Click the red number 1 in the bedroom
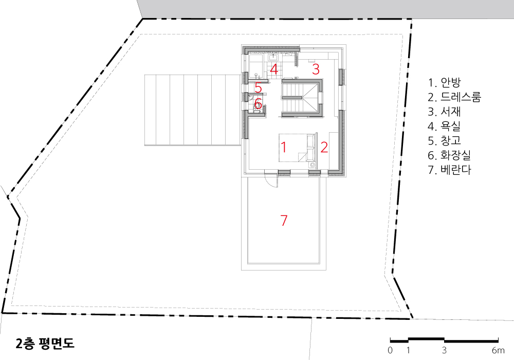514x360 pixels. click(284, 147)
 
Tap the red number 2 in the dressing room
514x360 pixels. click(324, 147)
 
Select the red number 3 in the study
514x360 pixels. click(316, 69)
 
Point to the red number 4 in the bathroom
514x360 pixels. click(274, 69)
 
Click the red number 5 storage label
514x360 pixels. click(259, 88)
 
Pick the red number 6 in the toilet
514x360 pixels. click(258, 103)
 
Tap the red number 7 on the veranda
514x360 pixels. click(284, 220)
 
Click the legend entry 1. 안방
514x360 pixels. click(444, 82)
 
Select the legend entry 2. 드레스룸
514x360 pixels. click(454, 97)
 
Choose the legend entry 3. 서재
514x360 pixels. click(444, 112)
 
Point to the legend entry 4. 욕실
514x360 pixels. click(444, 126)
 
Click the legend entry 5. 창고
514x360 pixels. click(444, 140)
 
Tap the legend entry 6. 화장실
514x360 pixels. click(449, 155)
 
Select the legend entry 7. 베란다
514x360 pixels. click(449, 170)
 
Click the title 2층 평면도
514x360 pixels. click(45, 343)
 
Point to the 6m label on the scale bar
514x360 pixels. click(498, 351)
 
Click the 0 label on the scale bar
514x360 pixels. click(390, 351)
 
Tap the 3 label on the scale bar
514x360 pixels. click(444, 351)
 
